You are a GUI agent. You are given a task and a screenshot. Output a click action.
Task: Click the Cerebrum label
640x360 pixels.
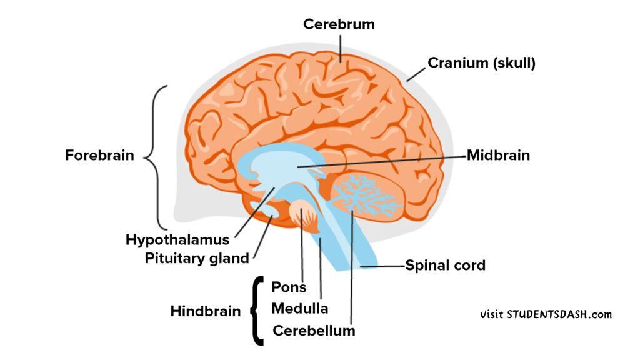point(339,24)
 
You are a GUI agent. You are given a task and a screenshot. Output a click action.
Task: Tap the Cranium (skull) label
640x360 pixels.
point(481,62)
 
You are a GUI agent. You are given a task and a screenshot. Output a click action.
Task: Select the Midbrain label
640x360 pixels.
point(498,155)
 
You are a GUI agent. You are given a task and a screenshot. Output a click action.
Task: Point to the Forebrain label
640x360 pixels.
point(99,155)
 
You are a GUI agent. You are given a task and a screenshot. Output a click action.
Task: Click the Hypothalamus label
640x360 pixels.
point(177,239)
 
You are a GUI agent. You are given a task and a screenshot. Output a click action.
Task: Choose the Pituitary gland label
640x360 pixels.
point(197,257)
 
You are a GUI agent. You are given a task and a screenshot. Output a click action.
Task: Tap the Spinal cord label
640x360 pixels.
point(445,265)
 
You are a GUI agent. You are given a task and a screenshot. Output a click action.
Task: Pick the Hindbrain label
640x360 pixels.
point(206,311)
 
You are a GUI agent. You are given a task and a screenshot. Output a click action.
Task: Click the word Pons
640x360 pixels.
point(289,287)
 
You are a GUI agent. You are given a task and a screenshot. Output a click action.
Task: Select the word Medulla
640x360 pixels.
point(300,308)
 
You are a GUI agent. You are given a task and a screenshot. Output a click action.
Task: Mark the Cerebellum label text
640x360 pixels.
point(314,331)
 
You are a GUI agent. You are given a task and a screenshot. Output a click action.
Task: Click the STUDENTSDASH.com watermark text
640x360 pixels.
point(546,314)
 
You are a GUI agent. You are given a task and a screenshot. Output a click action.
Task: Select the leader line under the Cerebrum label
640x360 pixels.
point(341,47)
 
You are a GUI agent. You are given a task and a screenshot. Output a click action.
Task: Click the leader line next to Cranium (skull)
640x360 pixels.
point(415,73)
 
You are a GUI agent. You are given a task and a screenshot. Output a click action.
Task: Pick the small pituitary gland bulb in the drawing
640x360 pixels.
point(272,214)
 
